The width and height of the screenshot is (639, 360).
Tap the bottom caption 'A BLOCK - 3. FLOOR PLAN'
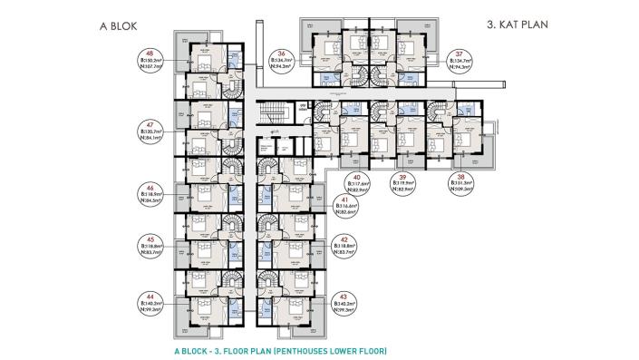point(283,349)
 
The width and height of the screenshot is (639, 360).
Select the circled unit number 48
point(148,54)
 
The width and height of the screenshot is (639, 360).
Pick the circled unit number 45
point(148,239)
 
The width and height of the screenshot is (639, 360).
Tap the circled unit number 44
point(148,297)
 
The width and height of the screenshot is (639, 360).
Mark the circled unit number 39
point(404,178)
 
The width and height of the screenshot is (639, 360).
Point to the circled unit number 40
point(357,178)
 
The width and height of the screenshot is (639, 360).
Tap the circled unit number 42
point(345,239)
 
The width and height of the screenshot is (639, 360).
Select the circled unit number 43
point(345,297)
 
